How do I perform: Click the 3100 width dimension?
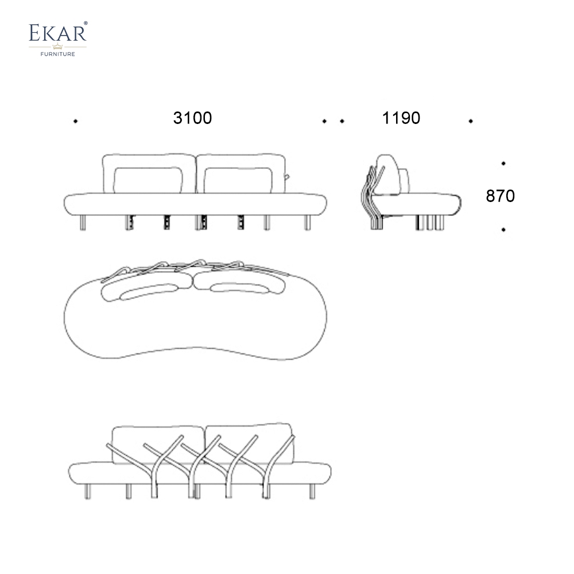[192, 118]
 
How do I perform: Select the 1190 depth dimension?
[401, 118]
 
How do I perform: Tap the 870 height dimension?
[500, 196]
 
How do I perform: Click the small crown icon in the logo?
[57, 46]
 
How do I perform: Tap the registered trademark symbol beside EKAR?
[86, 24]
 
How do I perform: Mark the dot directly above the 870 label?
[503, 164]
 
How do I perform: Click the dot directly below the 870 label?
[503, 230]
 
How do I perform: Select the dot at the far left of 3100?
[76, 121]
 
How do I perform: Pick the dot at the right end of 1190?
[471, 121]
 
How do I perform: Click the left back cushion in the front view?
[148, 179]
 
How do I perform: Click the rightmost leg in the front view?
[308, 222]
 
